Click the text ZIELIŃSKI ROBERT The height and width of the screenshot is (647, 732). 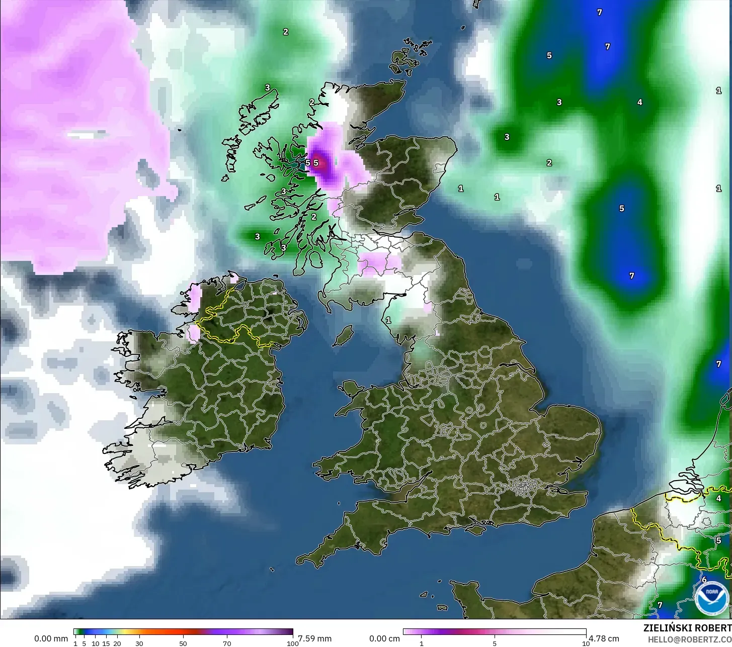[x=687, y=628]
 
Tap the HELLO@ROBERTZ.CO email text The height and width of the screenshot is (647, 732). [x=689, y=638]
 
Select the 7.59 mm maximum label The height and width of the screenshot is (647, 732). [x=314, y=638]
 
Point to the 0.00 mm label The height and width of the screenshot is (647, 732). [x=51, y=638]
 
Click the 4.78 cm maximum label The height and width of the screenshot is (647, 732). [x=604, y=638]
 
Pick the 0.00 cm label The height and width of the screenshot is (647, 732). [x=385, y=638]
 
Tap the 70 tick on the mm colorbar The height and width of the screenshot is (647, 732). [x=227, y=643]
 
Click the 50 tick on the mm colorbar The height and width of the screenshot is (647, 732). [x=183, y=643]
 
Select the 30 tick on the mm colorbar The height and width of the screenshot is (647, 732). [x=139, y=643]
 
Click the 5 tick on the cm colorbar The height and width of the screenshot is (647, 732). [x=495, y=643]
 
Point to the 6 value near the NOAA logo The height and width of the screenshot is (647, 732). [x=704, y=580]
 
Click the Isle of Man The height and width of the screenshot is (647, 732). [x=344, y=335]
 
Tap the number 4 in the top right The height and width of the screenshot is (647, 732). [x=639, y=102]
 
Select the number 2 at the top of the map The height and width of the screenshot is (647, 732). [x=285, y=32]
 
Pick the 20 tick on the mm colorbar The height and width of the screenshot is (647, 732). [x=117, y=643]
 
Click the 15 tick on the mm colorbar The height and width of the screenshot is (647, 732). [x=106, y=643]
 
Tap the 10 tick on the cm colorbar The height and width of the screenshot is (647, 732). [x=586, y=643]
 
